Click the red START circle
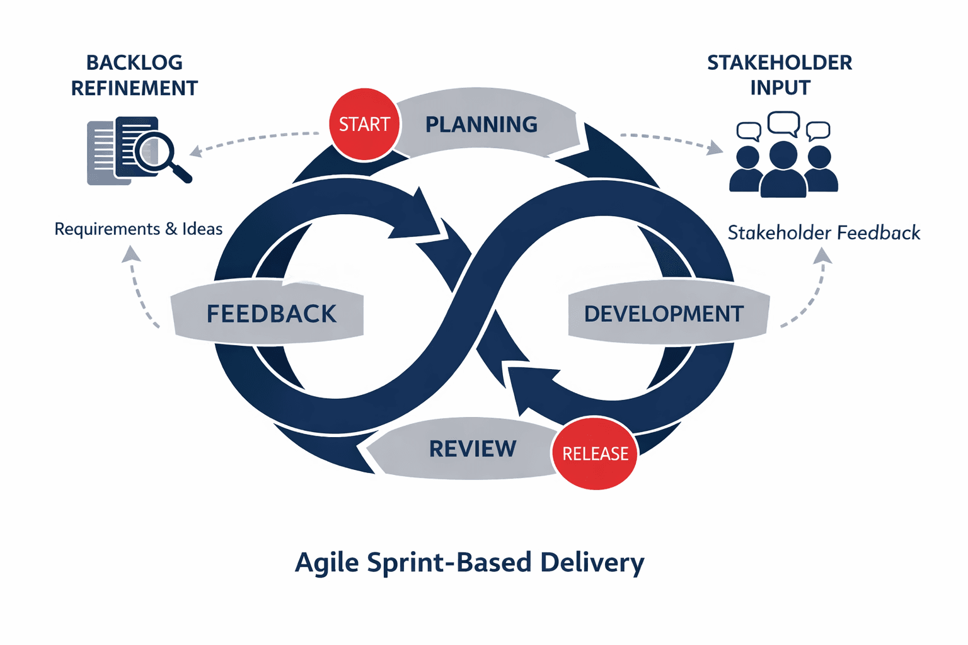point(364,125)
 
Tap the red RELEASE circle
point(595,453)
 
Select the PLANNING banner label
point(481,125)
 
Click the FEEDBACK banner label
point(271,314)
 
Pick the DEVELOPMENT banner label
point(664,314)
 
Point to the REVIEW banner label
point(473,449)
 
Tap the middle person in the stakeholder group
point(783,169)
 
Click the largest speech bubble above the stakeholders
point(783,123)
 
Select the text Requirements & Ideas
point(139,229)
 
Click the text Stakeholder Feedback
point(824,233)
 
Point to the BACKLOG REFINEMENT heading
point(134,76)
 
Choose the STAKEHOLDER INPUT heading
point(780,75)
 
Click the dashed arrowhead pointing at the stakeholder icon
point(715,149)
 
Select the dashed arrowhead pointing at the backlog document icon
point(196,151)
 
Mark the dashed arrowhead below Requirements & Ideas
point(131,254)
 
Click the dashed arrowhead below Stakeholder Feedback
point(822,256)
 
